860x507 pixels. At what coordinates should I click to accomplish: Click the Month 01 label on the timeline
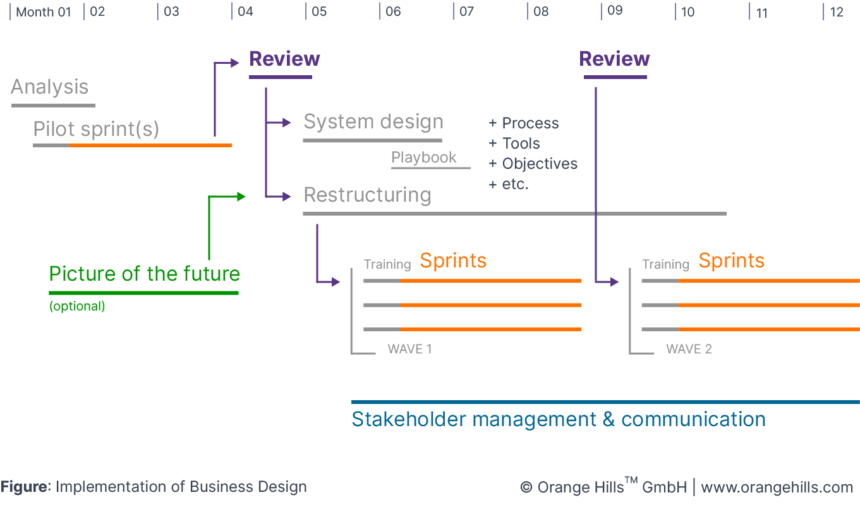point(43,12)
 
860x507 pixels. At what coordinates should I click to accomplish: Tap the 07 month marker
point(466,12)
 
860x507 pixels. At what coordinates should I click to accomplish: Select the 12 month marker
point(837,12)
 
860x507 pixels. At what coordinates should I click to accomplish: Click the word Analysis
point(49,87)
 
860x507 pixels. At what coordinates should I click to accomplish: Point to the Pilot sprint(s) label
point(96,130)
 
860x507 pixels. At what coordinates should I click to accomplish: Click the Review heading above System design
point(284,59)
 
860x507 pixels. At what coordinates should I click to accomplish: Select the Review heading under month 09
point(614,59)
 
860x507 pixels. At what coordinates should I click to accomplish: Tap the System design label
point(373,121)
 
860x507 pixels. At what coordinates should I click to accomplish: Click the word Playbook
point(423,157)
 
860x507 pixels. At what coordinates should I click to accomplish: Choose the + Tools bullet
point(514,144)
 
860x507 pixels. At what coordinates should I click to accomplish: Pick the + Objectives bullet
point(533,164)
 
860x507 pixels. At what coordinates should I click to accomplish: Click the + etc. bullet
point(509,185)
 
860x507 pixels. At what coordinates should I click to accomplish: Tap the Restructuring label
point(367,195)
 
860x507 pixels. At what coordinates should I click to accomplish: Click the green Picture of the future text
point(145,274)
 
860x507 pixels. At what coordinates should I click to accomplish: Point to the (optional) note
point(77,307)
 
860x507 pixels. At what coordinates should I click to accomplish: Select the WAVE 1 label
point(409,350)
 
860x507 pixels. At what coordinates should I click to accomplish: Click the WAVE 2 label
point(689,350)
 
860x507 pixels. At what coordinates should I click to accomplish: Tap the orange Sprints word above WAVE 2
point(731,260)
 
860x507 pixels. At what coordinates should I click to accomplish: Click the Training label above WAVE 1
point(387,264)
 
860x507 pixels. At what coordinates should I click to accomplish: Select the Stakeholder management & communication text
point(559,419)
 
